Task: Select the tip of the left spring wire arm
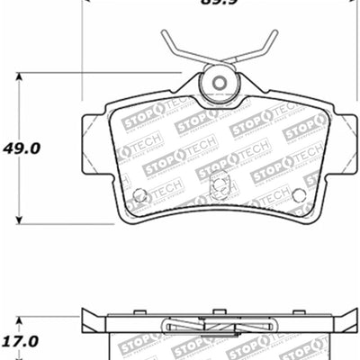coord(165,35)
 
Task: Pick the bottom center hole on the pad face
coord(216,190)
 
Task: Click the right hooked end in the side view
coord(346,319)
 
